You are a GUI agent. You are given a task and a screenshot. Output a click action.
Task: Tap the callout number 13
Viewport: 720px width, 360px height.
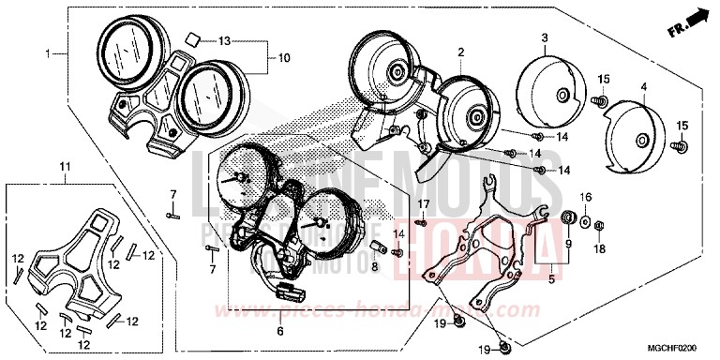pyautogui.click(x=224, y=41)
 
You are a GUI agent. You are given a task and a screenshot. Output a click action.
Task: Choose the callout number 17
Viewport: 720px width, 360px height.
pyautogui.click(x=423, y=203)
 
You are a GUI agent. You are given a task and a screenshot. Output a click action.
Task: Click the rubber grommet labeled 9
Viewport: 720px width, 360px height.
pyautogui.click(x=567, y=218)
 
